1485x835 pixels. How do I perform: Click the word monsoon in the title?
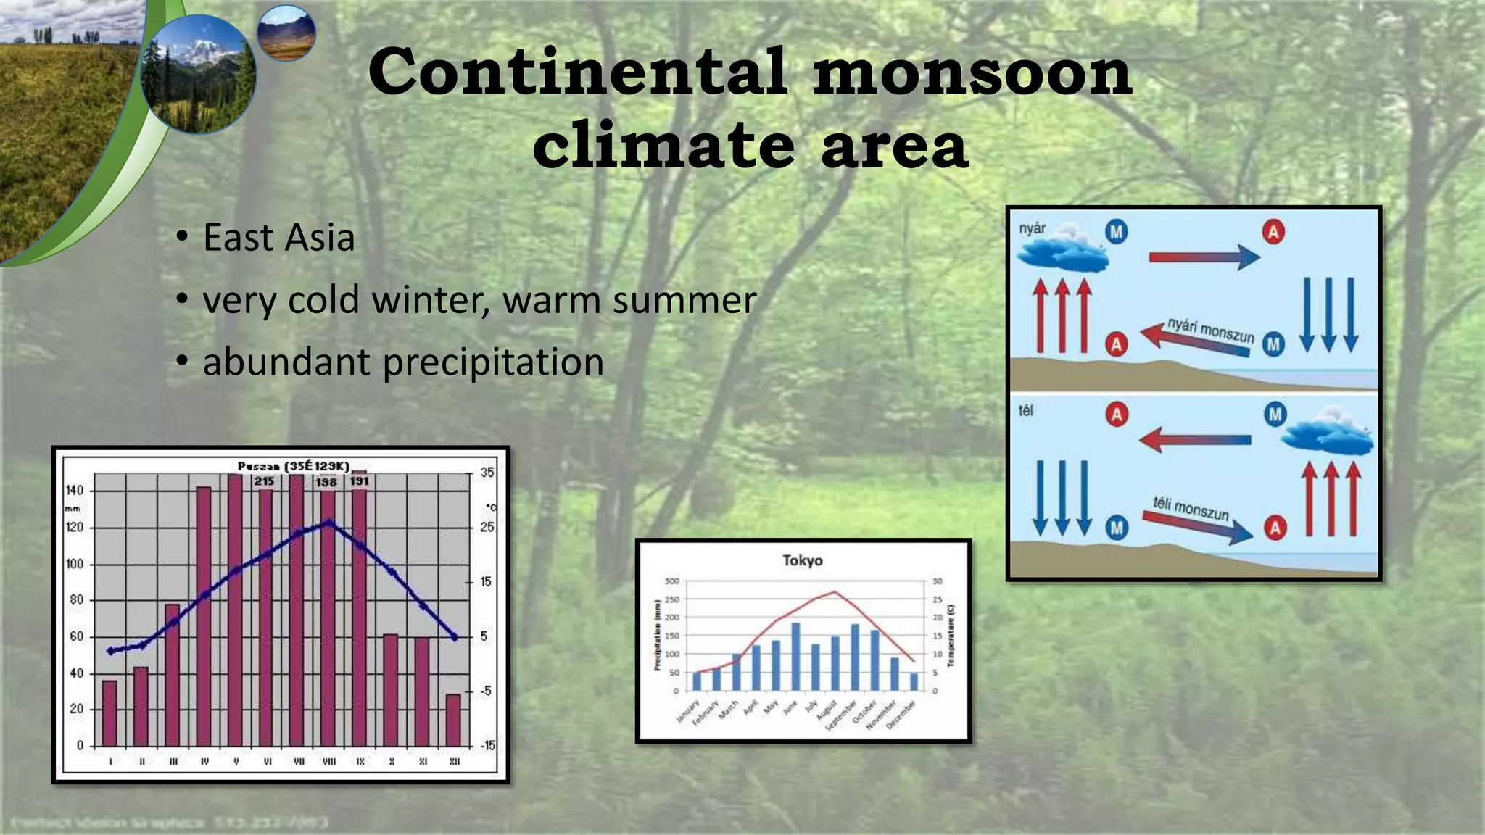tap(972, 72)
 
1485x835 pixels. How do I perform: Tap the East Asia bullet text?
tap(278, 238)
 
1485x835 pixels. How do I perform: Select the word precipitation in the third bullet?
tap(493, 362)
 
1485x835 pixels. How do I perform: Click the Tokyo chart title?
tap(802, 560)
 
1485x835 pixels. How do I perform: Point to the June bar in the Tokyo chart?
tap(795, 657)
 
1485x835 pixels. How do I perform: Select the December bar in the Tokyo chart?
tap(914, 681)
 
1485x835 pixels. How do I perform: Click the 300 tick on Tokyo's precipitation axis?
tap(672, 581)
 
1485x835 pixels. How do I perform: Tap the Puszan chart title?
tap(294, 466)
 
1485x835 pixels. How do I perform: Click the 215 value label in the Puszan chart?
tap(264, 481)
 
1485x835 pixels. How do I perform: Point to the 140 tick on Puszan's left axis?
tap(75, 491)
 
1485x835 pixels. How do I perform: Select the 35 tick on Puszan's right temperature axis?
tap(487, 473)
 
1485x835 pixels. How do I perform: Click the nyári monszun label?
tap(1210, 331)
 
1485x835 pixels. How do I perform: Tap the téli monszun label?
tap(1191, 508)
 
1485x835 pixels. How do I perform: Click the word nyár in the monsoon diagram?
tap(1032, 229)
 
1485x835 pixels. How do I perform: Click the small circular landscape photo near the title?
tap(286, 33)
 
